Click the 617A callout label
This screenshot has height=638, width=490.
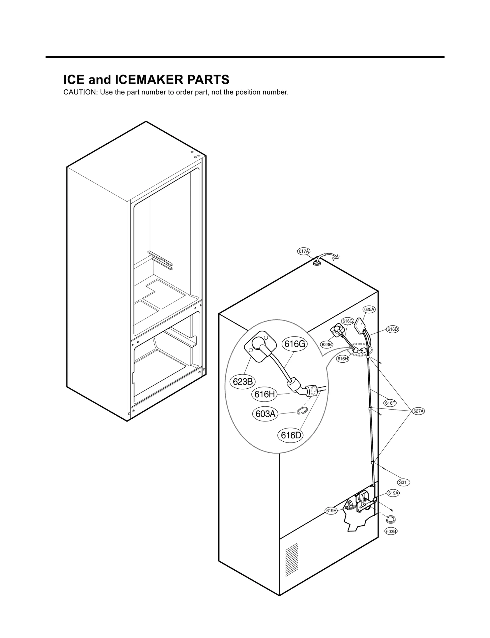(x=304, y=251)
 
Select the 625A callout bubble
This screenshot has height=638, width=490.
(x=369, y=309)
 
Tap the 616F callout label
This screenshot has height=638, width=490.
(x=390, y=403)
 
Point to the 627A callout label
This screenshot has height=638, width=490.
(x=418, y=411)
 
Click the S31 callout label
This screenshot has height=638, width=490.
(x=403, y=482)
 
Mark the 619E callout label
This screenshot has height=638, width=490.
(x=331, y=511)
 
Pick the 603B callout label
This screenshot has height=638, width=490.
(x=391, y=532)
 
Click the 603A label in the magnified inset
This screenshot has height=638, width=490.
(x=265, y=414)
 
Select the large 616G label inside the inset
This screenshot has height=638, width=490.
(x=295, y=344)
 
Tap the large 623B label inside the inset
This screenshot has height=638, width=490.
(x=243, y=382)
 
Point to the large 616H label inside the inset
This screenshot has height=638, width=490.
(x=264, y=394)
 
